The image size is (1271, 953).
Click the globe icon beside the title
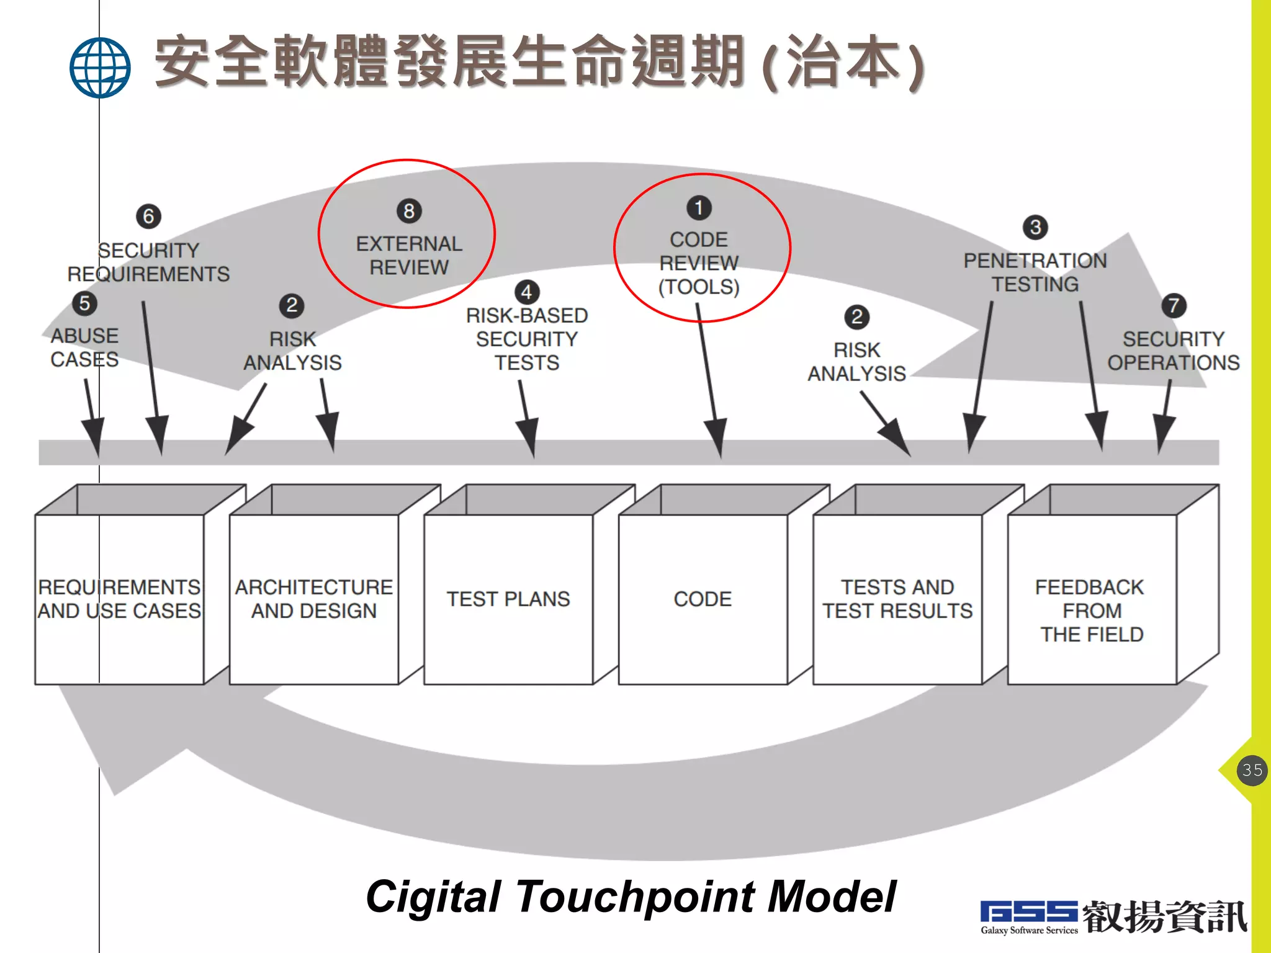pos(100,68)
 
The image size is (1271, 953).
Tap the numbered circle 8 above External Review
pos(409,211)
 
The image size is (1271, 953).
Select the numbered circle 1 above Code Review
pos(699,208)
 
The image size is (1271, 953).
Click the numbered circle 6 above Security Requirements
pos(148,216)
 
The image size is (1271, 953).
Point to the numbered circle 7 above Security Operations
pos(1174,305)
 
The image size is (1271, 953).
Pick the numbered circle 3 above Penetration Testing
pos(1035,227)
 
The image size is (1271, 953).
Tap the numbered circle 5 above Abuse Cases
pos(85,303)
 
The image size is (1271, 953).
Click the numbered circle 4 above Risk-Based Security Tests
pos(527,292)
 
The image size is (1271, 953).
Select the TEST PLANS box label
pos(508,599)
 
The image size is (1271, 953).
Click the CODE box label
pos(703,599)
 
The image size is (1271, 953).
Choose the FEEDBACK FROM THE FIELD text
pos(1091,611)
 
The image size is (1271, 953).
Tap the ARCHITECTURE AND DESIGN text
pos(313,599)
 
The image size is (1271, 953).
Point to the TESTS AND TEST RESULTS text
pos(897,599)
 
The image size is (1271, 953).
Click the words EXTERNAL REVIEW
pos(409,255)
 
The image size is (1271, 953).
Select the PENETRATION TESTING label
pos(1035,272)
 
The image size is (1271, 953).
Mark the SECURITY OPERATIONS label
pos(1173,351)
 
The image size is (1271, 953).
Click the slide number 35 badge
pos(1252,770)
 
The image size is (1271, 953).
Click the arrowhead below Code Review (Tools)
pos(717,437)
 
